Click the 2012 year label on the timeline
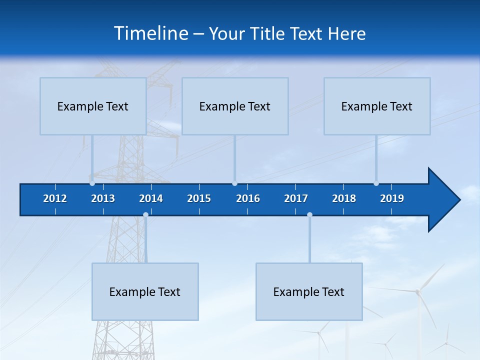click(55, 198)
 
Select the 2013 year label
click(103, 198)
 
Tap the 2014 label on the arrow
click(151, 198)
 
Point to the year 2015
click(199, 198)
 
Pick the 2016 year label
click(248, 198)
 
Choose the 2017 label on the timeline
click(296, 198)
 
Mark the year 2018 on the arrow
click(344, 198)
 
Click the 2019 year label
click(392, 198)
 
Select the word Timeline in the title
click(151, 33)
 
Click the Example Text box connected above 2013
click(93, 106)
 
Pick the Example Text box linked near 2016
click(235, 106)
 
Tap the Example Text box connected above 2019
click(377, 106)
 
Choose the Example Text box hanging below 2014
click(145, 291)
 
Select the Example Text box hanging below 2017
click(309, 291)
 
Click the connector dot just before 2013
click(92, 183)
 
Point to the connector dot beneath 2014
click(145, 214)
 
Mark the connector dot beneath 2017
click(309, 214)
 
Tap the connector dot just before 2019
click(376, 183)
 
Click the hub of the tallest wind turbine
click(417, 291)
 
